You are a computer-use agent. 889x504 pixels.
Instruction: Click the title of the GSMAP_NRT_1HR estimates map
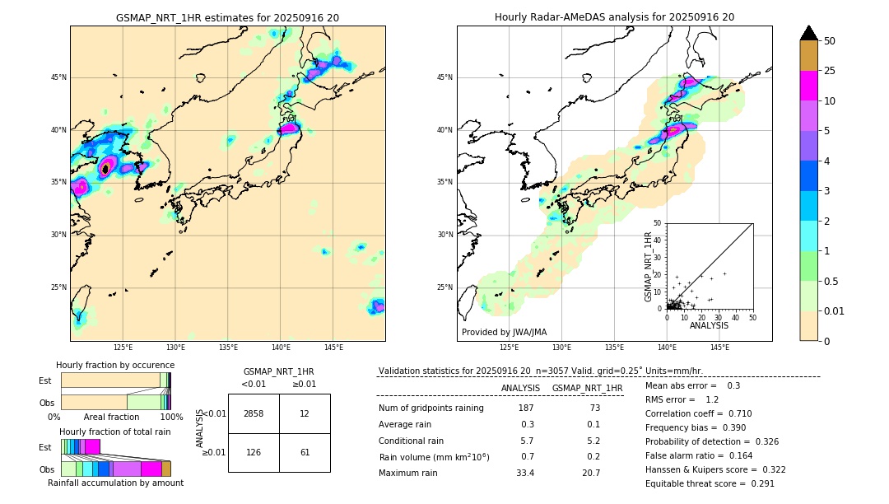click(227, 17)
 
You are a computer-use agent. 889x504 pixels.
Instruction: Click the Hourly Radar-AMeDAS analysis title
click(614, 17)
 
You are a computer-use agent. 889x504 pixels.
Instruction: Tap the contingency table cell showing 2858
click(254, 413)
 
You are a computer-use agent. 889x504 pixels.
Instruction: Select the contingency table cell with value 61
click(305, 452)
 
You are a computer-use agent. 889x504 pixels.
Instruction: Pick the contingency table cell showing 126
click(254, 452)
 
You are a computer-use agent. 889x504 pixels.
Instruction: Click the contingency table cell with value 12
click(305, 413)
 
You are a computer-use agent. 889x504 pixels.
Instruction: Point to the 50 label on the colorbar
click(830, 41)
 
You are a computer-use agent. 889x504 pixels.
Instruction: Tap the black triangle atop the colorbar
click(808, 33)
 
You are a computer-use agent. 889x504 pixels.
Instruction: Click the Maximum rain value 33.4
click(524, 473)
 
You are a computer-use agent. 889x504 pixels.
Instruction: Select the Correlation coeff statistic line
click(699, 413)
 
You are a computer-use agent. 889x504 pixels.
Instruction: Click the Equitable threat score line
click(710, 483)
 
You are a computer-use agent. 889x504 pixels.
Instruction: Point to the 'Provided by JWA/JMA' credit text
click(504, 332)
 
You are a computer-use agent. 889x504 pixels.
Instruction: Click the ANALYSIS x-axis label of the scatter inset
click(709, 325)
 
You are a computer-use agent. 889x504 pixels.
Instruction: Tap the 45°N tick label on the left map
click(58, 77)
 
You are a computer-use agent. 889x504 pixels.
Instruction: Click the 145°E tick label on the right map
click(719, 348)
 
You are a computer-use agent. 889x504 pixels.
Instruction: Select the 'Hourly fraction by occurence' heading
click(115, 365)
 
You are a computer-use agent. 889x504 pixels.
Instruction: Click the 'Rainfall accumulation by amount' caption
click(115, 483)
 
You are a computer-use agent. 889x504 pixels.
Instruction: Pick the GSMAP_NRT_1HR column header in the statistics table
click(587, 388)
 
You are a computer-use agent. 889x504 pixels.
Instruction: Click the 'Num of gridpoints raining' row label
click(431, 408)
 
